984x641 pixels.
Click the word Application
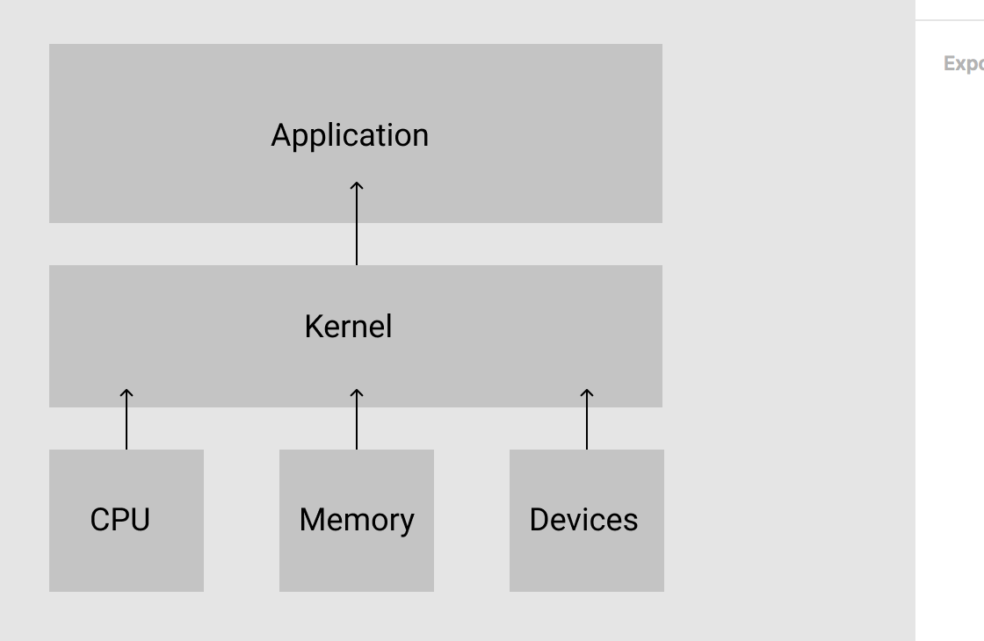pos(350,135)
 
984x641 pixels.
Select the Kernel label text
pos(348,327)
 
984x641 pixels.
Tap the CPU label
pos(120,520)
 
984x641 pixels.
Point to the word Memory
pos(356,520)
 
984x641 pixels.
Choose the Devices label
pos(583,520)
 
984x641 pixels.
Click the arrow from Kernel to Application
pos(357,228)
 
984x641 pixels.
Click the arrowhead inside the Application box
pos(357,185)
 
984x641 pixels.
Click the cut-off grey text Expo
pos(963,64)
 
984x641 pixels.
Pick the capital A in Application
pos(280,135)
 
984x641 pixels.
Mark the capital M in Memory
pos(311,520)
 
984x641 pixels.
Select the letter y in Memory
pos(405,522)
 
